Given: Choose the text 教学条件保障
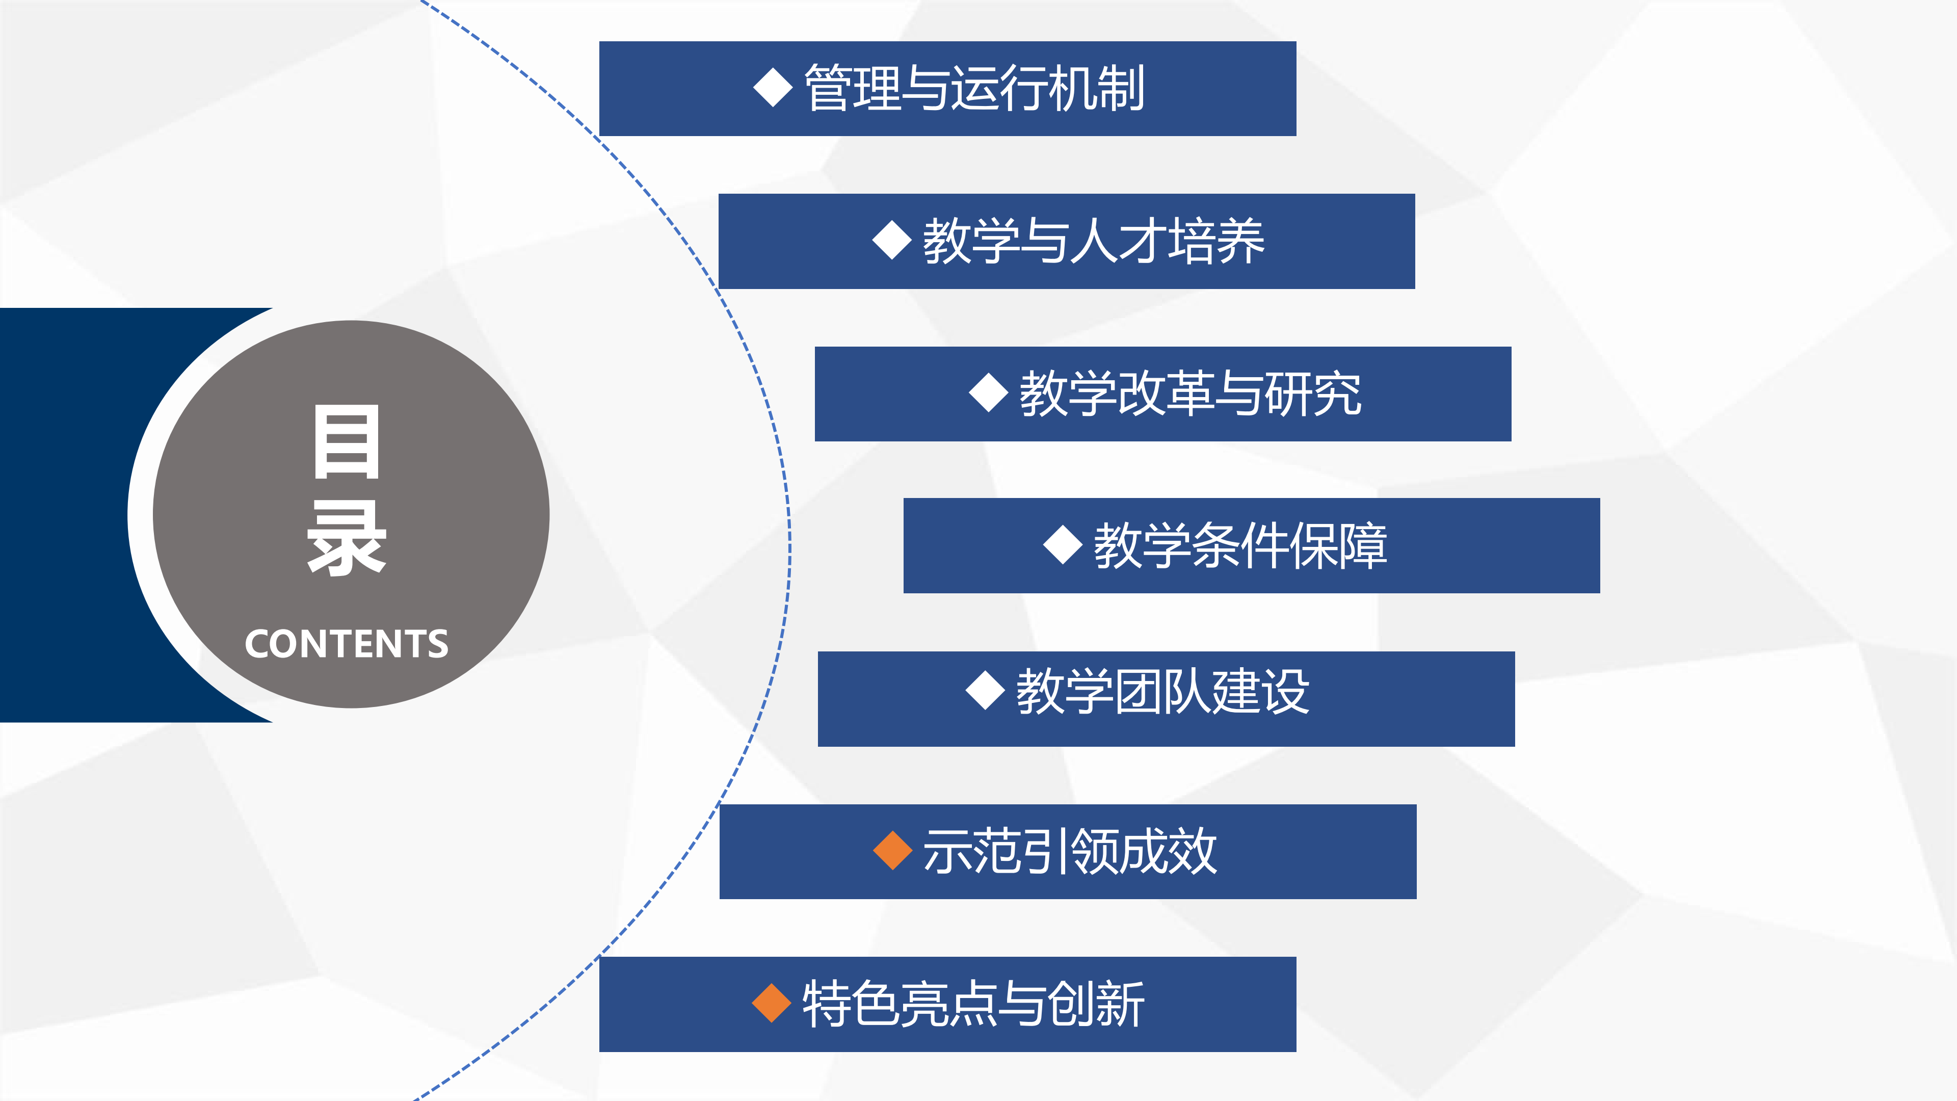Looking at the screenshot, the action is tap(1240, 545).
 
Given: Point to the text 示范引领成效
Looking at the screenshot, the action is tap(1070, 851).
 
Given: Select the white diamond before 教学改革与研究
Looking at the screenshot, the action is tap(988, 393).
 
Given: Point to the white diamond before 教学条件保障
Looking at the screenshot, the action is tap(1063, 545).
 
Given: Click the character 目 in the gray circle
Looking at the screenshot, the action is tap(347, 442).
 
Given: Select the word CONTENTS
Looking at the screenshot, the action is tap(347, 644).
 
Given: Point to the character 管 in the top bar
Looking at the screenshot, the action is tap(828, 89).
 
